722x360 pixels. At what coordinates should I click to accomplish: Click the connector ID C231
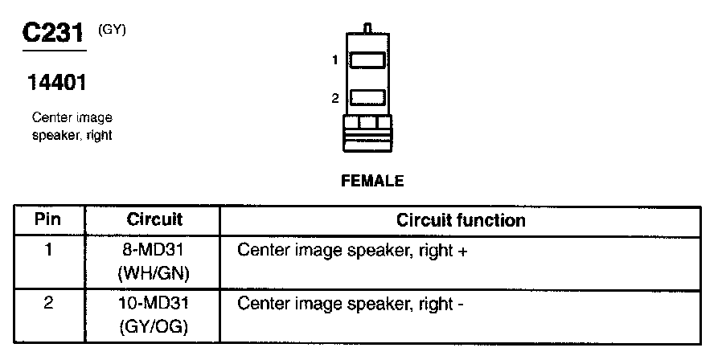coord(52,34)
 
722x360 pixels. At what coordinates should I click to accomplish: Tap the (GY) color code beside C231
coord(112,30)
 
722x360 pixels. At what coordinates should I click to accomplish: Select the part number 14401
coord(56,82)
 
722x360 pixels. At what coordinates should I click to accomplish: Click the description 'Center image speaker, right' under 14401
coord(72,127)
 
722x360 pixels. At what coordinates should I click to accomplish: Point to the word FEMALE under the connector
coord(372,181)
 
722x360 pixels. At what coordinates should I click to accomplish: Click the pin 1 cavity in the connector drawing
coord(369,60)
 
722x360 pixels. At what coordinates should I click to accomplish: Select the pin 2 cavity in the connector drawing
coord(369,98)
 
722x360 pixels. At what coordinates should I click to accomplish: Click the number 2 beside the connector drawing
coord(335,98)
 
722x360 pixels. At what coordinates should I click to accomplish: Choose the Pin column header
coord(49,219)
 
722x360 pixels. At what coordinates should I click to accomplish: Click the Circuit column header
coord(154,219)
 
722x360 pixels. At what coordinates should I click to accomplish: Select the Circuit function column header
coord(461,219)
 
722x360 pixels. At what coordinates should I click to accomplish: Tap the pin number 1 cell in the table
coord(49,250)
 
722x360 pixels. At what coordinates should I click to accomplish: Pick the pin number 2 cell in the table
coord(49,305)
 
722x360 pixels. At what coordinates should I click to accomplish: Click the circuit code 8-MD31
coord(154,250)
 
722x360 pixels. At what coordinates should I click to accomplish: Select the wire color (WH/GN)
coord(154,273)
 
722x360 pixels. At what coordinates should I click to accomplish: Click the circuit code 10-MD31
coord(154,305)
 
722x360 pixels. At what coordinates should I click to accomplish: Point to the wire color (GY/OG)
coord(154,328)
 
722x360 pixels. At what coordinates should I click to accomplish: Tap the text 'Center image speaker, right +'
coord(352,250)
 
